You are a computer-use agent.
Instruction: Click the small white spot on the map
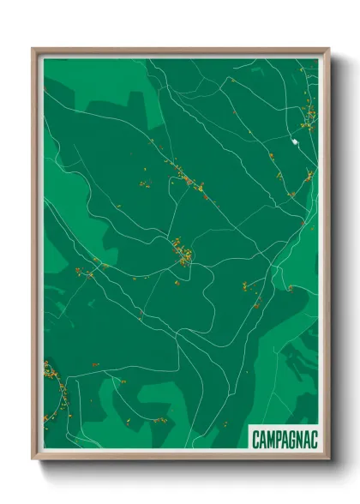[294, 141]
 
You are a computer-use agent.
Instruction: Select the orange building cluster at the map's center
[183, 251]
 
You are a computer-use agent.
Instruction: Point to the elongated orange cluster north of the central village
[184, 178]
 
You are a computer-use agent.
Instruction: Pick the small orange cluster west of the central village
[86, 273]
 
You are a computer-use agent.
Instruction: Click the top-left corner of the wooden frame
[33, 50]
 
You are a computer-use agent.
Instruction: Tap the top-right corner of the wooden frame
[328, 50]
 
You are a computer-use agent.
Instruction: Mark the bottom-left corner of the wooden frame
[33, 459]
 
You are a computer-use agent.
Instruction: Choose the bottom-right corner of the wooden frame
[328, 459]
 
